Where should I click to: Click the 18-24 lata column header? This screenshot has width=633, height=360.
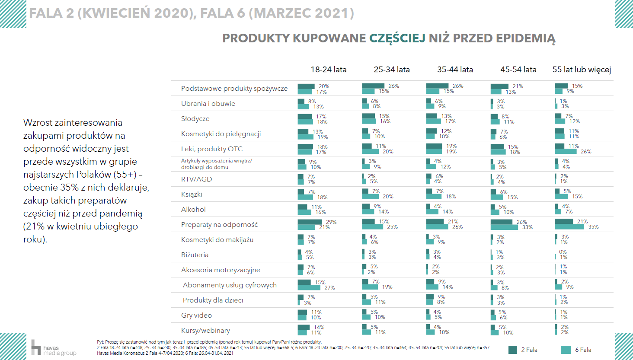pyautogui.click(x=328, y=70)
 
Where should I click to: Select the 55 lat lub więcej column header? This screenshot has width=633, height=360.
pyautogui.click(x=582, y=70)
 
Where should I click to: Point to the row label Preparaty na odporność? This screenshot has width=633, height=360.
pyautogui.click(x=219, y=225)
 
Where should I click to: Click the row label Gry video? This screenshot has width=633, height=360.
pyautogui.click(x=196, y=315)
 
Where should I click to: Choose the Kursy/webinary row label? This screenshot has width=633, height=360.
pyautogui.click(x=205, y=331)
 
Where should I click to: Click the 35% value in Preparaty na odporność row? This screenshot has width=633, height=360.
pyautogui.click(x=593, y=227)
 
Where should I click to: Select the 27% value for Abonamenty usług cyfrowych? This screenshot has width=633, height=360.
pyautogui.click(x=329, y=288)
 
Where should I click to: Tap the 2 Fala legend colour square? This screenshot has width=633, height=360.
pyautogui.click(x=513, y=350)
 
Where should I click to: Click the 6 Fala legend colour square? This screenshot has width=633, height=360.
pyautogui.click(x=566, y=350)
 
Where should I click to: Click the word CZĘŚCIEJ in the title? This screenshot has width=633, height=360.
pyautogui.click(x=397, y=38)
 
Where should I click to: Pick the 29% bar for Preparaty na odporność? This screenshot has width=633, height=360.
pyautogui.click(x=310, y=222)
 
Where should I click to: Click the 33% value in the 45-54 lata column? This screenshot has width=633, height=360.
pyautogui.click(x=527, y=227)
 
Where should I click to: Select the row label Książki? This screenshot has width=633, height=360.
pyautogui.click(x=192, y=194)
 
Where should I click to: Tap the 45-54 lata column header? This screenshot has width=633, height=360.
pyautogui.click(x=518, y=70)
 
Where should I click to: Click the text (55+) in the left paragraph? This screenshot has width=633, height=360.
pyautogui.click(x=125, y=175)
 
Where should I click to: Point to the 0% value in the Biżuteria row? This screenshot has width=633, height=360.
pyautogui.click(x=563, y=252)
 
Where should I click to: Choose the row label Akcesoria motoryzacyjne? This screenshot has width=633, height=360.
pyautogui.click(x=221, y=270)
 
